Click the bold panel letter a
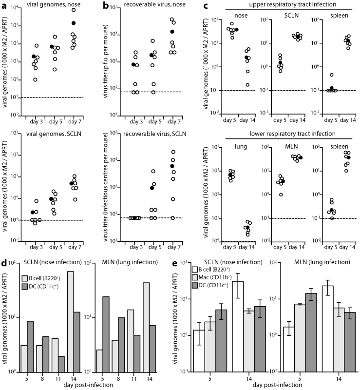4,6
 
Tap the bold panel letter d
4,262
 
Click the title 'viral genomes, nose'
54,4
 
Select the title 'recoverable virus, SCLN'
154,134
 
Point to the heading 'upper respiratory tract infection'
293,4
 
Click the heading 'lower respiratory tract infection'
292,134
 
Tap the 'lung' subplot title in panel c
241,147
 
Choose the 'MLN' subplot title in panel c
291,146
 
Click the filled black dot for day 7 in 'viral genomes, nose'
74,23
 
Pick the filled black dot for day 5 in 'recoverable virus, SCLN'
152,188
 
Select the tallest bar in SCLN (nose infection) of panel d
70,322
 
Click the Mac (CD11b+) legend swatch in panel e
195,277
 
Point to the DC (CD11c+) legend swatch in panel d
25,287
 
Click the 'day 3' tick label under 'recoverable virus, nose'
136,121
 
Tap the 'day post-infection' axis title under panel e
277,385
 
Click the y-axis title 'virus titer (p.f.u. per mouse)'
105,61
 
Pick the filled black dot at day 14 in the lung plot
247,227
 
